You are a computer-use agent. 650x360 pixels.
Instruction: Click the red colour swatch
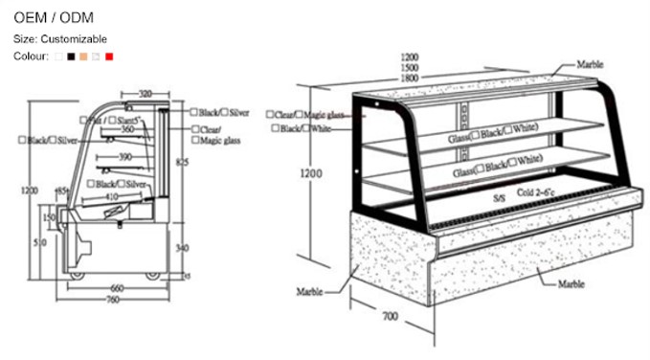pyautogui.click(x=109, y=57)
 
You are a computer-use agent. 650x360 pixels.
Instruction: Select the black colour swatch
pyautogui.click(x=72, y=57)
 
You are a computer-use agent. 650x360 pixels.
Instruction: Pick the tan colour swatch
pyautogui.click(x=84, y=57)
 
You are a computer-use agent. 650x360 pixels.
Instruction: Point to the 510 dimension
pyautogui.click(x=39, y=245)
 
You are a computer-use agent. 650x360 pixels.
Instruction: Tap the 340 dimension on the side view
pyautogui.click(x=183, y=247)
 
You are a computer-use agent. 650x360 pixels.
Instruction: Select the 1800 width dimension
pyautogui.click(x=409, y=79)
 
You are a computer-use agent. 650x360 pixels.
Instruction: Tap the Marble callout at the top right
pyautogui.click(x=590, y=65)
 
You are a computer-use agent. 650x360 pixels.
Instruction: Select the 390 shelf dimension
pyautogui.click(x=126, y=156)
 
